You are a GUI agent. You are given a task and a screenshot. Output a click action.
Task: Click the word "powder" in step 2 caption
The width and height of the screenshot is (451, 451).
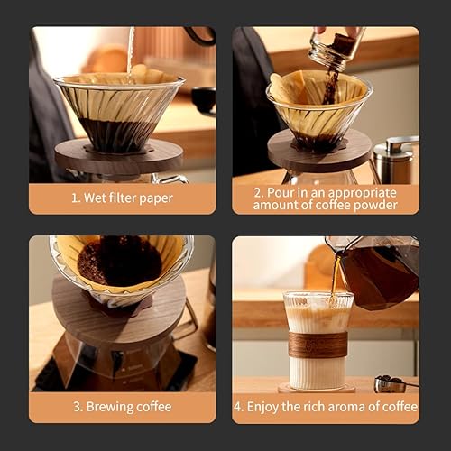(x=379, y=205)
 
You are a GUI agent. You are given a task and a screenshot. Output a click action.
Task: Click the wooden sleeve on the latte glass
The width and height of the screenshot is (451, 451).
(x=317, y=344)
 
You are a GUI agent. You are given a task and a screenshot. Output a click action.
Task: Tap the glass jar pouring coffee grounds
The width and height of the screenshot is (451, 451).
(x=336, y=45)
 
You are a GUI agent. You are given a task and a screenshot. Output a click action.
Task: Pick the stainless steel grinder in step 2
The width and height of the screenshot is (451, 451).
(x=395, y=157)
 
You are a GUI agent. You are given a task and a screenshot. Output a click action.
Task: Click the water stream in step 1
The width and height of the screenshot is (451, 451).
(x=131, y=50)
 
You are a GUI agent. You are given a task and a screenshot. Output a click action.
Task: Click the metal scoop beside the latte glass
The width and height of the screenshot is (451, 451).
(x=390, y=384)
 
